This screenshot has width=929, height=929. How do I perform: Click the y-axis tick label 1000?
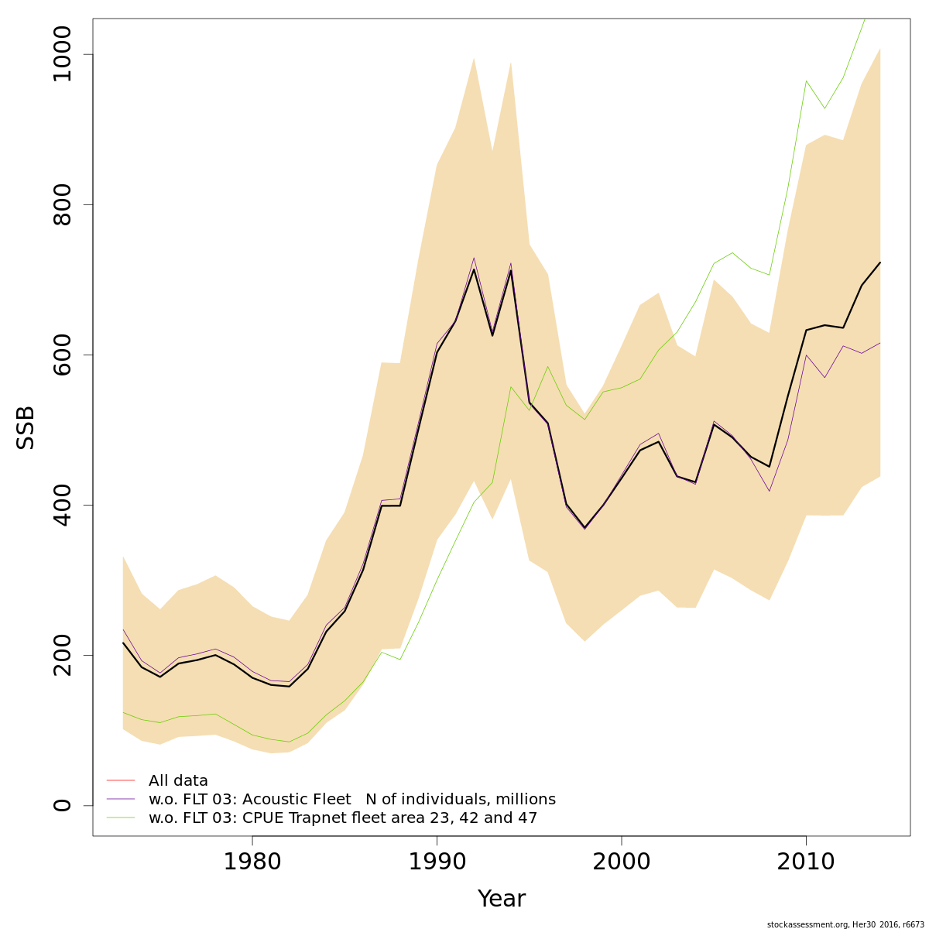pos(62,54)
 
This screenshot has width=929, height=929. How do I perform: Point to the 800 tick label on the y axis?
pos(62,204)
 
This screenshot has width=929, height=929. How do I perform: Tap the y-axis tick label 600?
pos(62,355)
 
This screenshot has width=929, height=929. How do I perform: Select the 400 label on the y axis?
pos(62,505)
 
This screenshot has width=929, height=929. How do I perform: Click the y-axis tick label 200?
pos(62,655)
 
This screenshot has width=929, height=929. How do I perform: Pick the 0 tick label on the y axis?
pos(62,805)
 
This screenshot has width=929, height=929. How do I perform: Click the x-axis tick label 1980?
pos(252,862)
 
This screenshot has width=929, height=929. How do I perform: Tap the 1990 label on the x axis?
pos(437,862)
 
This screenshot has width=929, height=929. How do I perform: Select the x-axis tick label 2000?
pos(622,862)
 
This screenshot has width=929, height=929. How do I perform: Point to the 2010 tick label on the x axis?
pos(806,862)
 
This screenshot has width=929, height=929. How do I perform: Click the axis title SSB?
pos(26,427)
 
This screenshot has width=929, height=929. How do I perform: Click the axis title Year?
pos(501,899)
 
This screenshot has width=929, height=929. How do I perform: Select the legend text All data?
pos(178,780)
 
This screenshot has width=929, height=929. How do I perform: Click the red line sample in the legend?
pos(121,780)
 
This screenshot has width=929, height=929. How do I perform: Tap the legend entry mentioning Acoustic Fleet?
pos(351,799)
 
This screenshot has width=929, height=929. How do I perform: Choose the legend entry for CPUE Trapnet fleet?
pos(342,818)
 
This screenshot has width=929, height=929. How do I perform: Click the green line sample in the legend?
pos(121,818)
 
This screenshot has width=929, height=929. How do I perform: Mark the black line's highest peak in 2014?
pos(880,262)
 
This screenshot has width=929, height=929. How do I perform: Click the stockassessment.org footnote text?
pos(845,924)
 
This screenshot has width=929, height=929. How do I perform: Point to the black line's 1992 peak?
pos(474,269)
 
